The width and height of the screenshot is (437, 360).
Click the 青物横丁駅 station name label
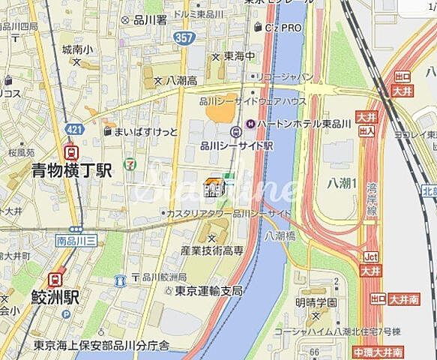tap(71, 170)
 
